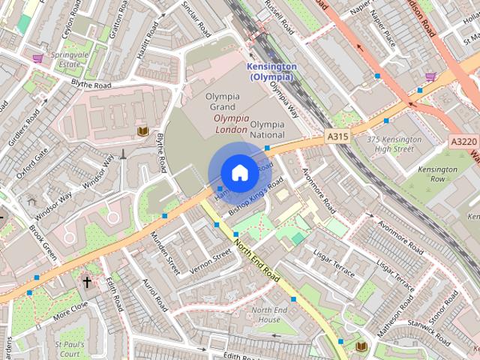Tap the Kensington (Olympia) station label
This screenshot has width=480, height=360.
tap(271, 71)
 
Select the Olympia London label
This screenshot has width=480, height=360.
tap(230, 124)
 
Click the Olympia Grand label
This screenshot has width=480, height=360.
tap(223, 103)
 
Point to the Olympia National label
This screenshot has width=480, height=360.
tap(267, 129)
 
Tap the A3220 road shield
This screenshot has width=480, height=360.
tap(463, 141)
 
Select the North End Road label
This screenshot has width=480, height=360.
tap(257, 258)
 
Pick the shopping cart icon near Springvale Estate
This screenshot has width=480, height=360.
tap(37, 58)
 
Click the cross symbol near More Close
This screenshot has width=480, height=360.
tap(87, 282)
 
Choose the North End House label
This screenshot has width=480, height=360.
tap(269, 315)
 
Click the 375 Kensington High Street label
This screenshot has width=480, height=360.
tap(390, 144)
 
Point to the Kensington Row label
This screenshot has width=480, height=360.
tap(438, 174)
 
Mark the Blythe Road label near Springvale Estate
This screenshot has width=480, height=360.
tap(91, 85)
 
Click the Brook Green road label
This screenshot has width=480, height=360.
tap(43, 241)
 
